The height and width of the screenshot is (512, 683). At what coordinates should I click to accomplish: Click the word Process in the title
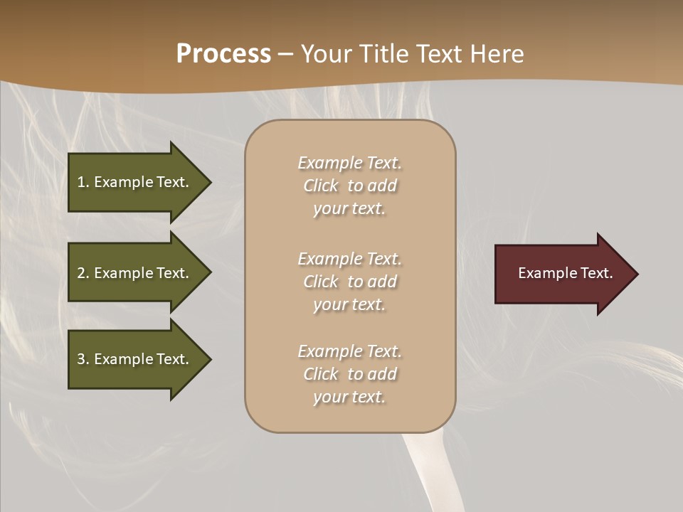click(x=223, y=54)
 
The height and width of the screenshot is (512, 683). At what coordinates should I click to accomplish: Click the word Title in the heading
click(x=383, y=54)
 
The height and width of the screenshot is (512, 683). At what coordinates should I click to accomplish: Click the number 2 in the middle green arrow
click(x=81, y=273)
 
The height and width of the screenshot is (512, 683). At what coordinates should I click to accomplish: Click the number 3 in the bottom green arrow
click(x=81, y=359)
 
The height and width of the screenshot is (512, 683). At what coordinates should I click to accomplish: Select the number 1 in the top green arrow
click(x=81, y=182)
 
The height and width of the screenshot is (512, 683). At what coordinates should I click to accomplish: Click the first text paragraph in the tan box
click(x=349, y=186)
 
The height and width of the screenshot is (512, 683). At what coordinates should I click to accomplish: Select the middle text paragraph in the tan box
click(x=349, y=282)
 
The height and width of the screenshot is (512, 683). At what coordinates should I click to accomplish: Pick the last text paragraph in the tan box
click(x=349, y=374)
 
